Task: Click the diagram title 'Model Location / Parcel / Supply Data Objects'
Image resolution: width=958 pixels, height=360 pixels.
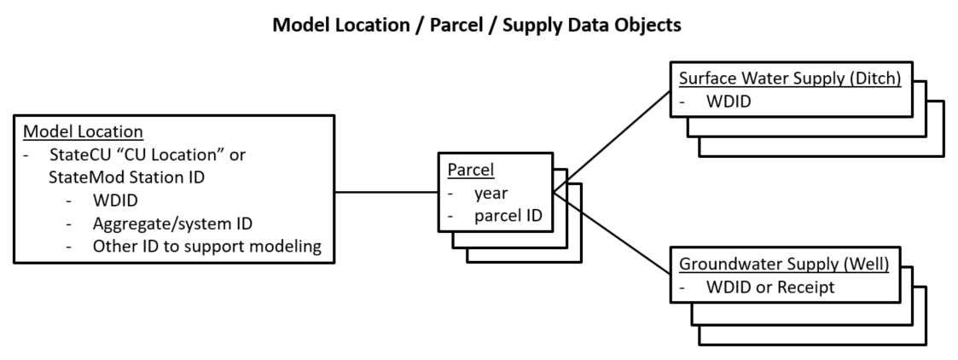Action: point(477,25)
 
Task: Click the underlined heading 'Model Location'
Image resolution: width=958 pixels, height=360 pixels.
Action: point(83,132)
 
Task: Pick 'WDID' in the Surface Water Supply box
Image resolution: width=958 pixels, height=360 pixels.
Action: point(729,102)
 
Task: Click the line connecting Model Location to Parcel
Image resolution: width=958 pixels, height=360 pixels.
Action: point(386,192)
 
